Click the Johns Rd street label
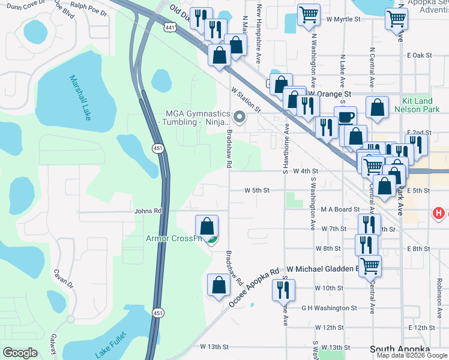(148, 211)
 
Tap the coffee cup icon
(345, 116)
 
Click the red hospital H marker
(439, 213)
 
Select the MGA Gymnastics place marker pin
(240, 117)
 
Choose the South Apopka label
(400, 349)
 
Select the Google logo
(20, 353)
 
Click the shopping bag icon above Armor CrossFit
(206, 226)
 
